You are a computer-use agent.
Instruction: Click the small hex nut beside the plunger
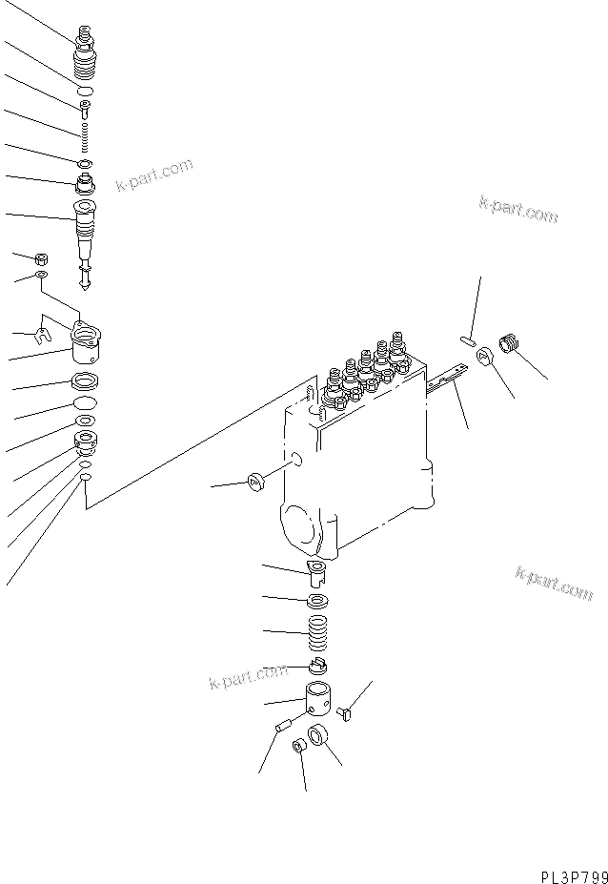(41, 258)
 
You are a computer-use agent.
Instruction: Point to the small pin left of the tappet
(281, 728)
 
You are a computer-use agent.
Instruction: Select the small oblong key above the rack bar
(467, 339)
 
